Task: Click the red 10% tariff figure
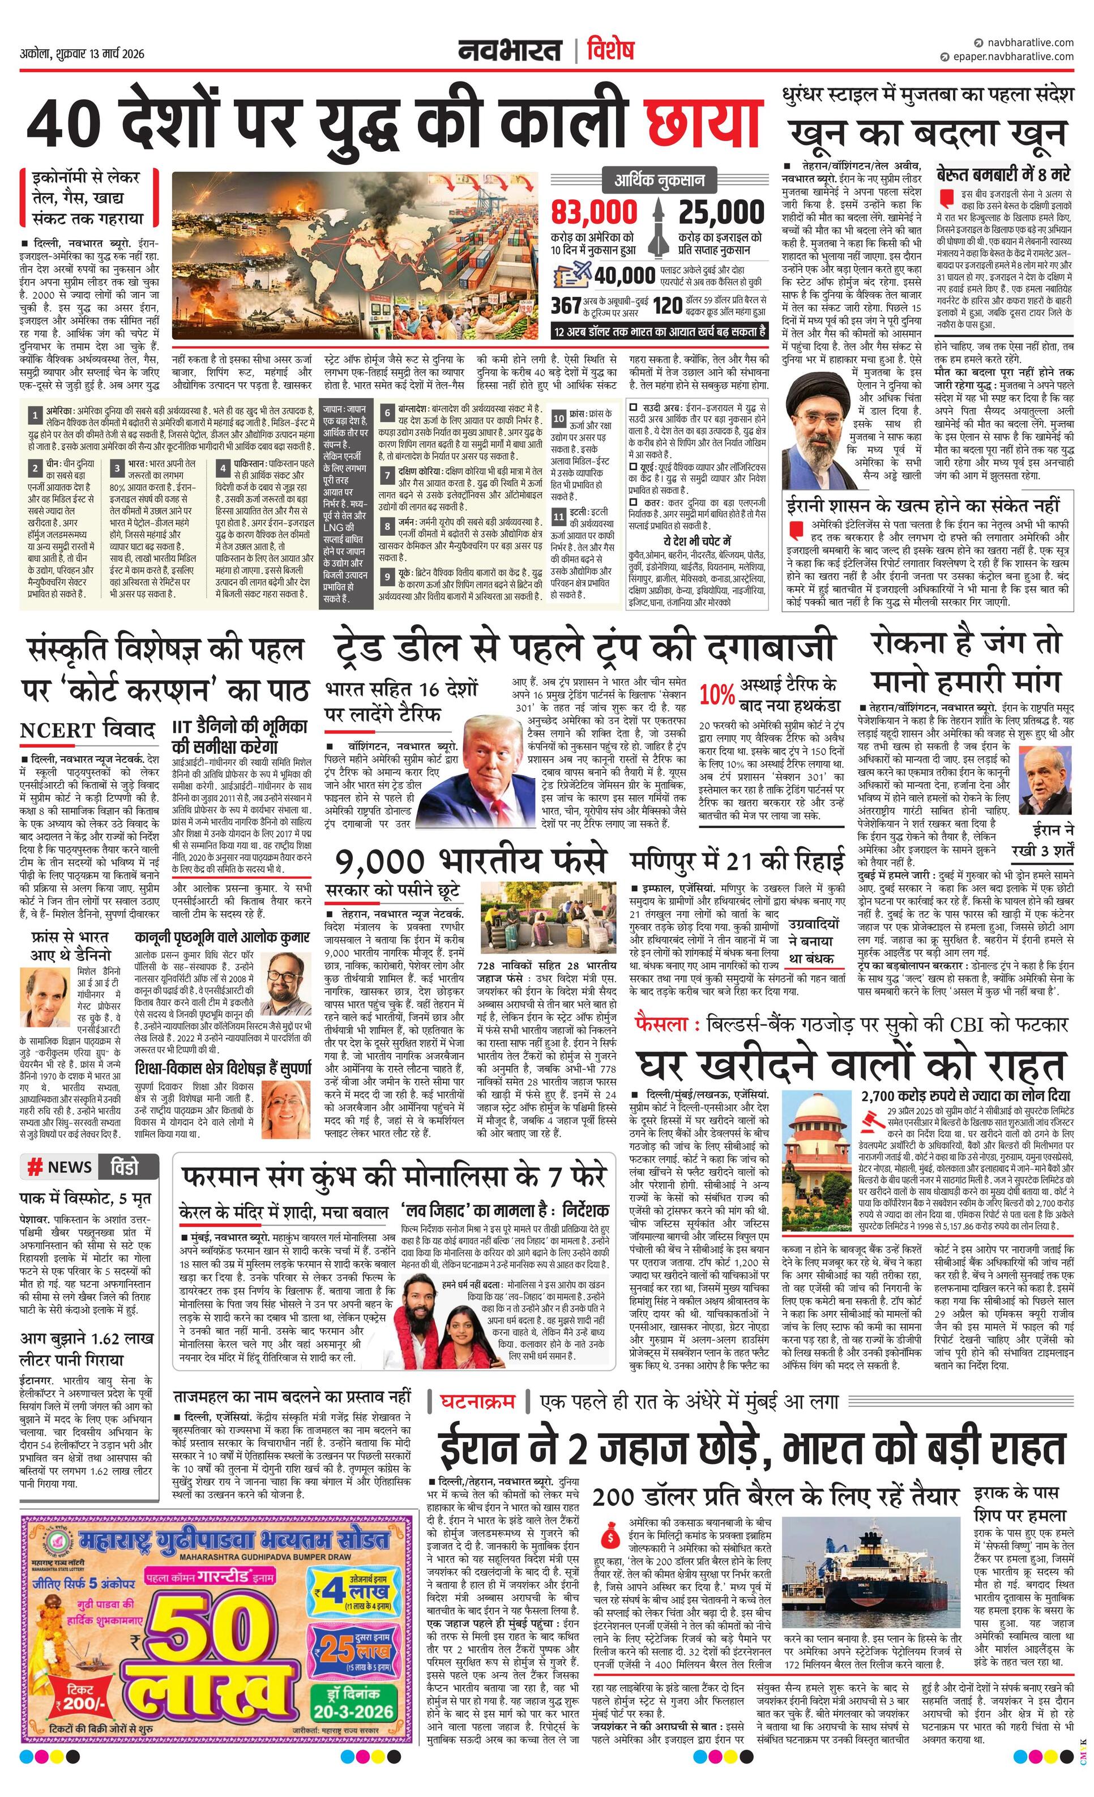click(717, 695)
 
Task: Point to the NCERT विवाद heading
click(88, 730)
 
